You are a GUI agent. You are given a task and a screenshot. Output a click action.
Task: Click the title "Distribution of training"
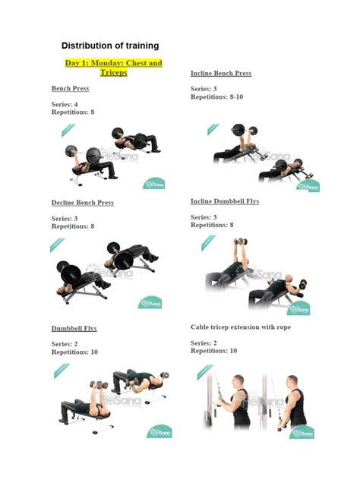[x=110, y=46]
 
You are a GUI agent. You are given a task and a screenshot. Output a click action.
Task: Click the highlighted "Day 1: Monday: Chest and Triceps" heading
[x=113, y=68]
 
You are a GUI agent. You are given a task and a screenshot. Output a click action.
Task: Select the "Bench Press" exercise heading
[x=70, y=89]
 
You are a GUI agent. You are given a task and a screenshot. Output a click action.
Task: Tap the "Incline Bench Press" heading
[x=220, y=74]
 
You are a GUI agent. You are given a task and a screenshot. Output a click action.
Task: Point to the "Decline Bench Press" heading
[x=82, y=203]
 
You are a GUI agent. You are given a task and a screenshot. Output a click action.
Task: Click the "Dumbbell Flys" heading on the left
[x=74, y=329]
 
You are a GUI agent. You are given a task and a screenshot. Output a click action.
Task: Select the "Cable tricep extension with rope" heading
[x=240, y=327]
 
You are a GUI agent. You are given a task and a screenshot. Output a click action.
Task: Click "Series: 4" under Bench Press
[x=65, y=104]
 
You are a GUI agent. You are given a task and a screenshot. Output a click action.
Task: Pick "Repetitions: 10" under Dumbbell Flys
[x=74, y=352]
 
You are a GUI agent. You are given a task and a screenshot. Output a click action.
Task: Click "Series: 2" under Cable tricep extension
[x=204, y=343]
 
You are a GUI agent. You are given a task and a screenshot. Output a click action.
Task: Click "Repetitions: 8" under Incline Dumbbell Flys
[x=212, y=225]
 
